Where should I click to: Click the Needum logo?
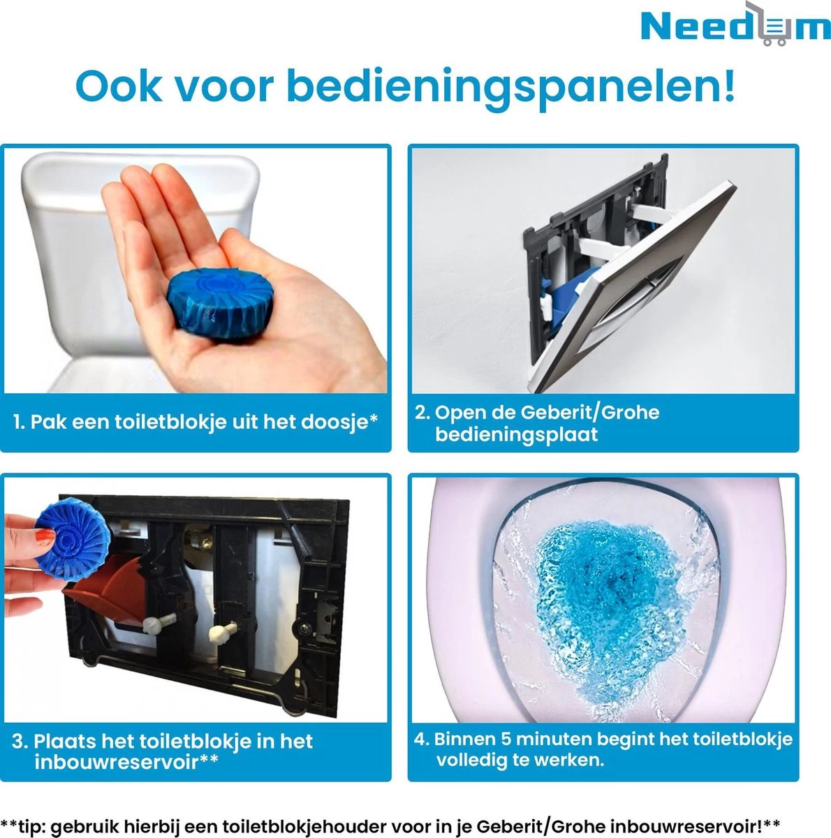[735, 27]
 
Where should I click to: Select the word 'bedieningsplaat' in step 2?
[517, 434]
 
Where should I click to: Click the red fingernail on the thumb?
[43, 538]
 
